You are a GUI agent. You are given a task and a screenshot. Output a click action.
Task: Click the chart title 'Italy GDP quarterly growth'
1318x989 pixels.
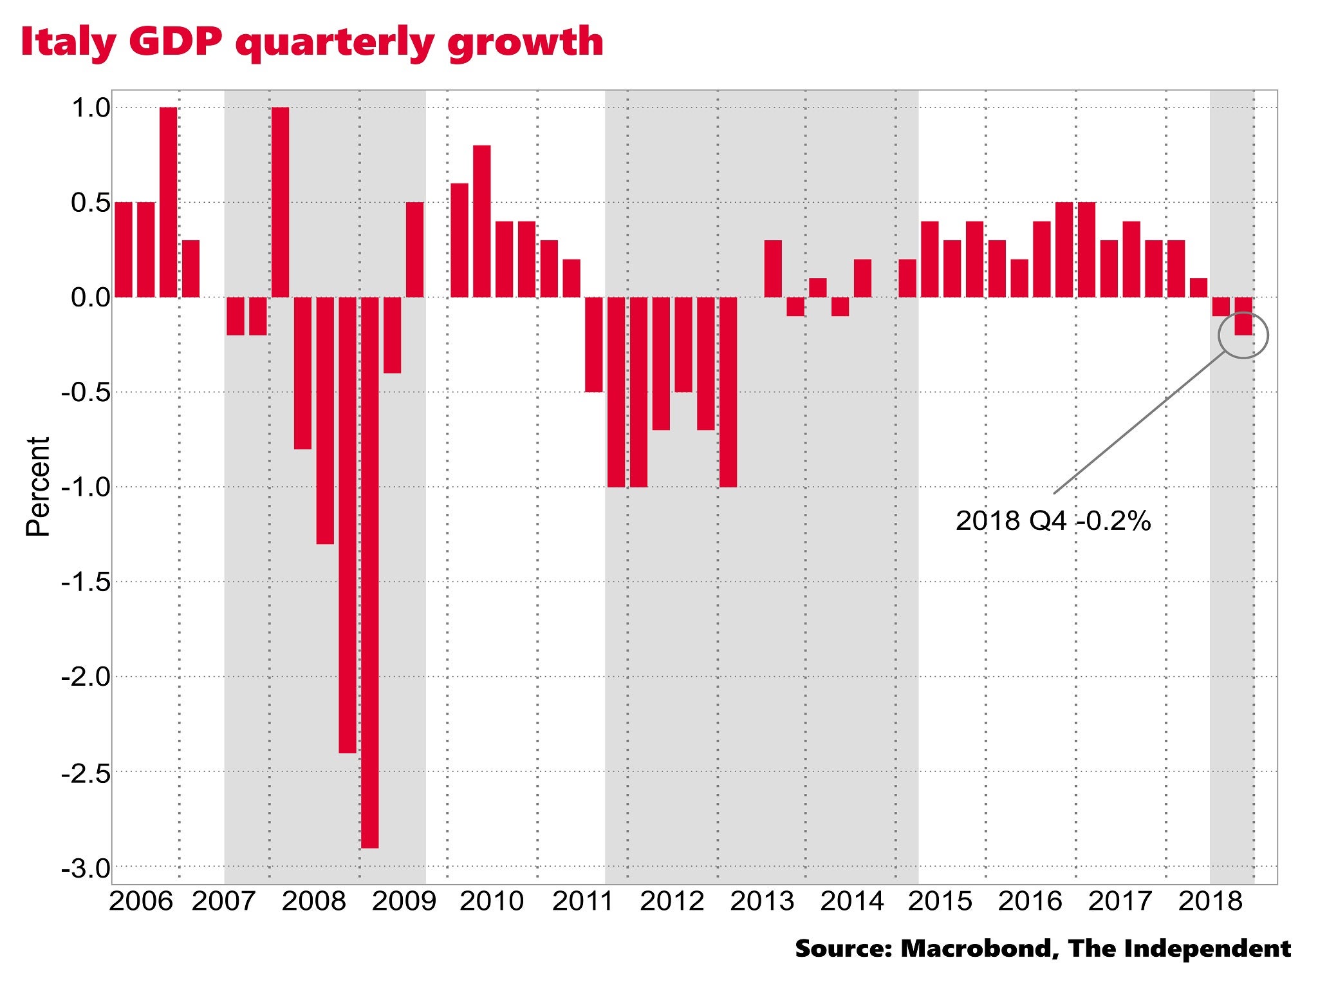(x=312, y=42)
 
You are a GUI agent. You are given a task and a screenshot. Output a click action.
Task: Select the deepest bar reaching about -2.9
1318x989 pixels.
(x=369, y=573)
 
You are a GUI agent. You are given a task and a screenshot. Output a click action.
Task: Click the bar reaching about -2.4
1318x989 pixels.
(x=348, y=525)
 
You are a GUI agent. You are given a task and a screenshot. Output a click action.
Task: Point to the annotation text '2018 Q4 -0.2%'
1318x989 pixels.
(x=1053, y=521)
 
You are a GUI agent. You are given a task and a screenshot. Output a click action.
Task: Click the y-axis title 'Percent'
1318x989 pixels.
(x=38, y=487)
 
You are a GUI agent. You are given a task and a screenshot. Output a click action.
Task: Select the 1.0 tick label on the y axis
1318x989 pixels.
(x=91, y=108)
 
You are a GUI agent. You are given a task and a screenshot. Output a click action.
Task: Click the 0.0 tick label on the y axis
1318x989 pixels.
(x=91, y=297)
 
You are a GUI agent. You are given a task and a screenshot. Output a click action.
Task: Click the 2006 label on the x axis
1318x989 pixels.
(x=141, y=901)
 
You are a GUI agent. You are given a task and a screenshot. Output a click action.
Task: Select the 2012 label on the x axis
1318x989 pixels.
(x=672, y=901)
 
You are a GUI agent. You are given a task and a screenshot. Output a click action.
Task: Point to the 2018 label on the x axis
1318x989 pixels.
(x=1210, y=901)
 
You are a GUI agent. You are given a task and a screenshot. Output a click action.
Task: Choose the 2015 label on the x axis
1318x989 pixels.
(x=940, y=901)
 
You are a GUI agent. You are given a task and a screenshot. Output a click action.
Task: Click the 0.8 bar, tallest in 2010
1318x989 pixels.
(x=481, y=221)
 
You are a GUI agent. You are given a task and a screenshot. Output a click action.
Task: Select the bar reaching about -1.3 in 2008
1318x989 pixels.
(x=325, y=420)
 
